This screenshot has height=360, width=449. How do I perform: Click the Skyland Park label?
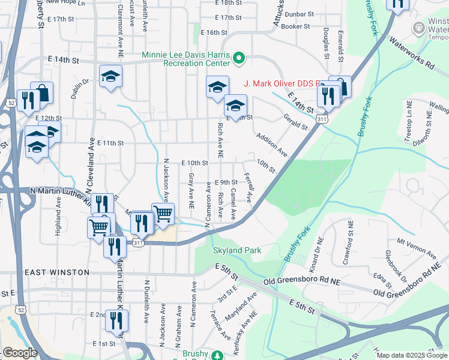coord(238,250)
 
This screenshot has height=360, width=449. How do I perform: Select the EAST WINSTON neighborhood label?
coord(57,272)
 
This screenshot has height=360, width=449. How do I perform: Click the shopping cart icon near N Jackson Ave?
coord(163,213)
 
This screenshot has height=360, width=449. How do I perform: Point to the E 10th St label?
coord(194,163)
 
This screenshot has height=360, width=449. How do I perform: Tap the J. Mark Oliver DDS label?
coord(282,83)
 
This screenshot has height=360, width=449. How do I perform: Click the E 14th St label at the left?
coord(64,61)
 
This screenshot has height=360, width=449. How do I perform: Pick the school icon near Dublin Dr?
coord(111,76)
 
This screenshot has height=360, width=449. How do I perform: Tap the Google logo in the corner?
coord(20,352)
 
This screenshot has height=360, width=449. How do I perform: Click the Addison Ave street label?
coord(271,146)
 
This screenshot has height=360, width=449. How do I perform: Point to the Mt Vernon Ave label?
coord(411,246)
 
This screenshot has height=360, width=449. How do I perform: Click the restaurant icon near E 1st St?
coord(116,322)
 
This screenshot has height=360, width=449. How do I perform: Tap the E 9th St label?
coord(226,182)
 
